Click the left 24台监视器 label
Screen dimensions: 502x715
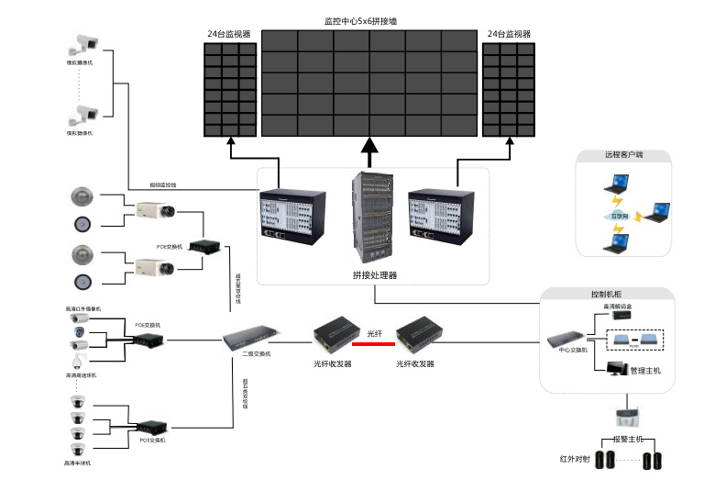[229, 34]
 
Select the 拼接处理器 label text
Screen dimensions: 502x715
[374, 274]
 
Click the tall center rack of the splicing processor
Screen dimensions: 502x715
[370, 217]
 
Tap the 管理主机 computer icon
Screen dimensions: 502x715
[616, 369]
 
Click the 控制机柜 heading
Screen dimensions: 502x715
[608, 295]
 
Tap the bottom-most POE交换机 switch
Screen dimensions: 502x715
[151, 427]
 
